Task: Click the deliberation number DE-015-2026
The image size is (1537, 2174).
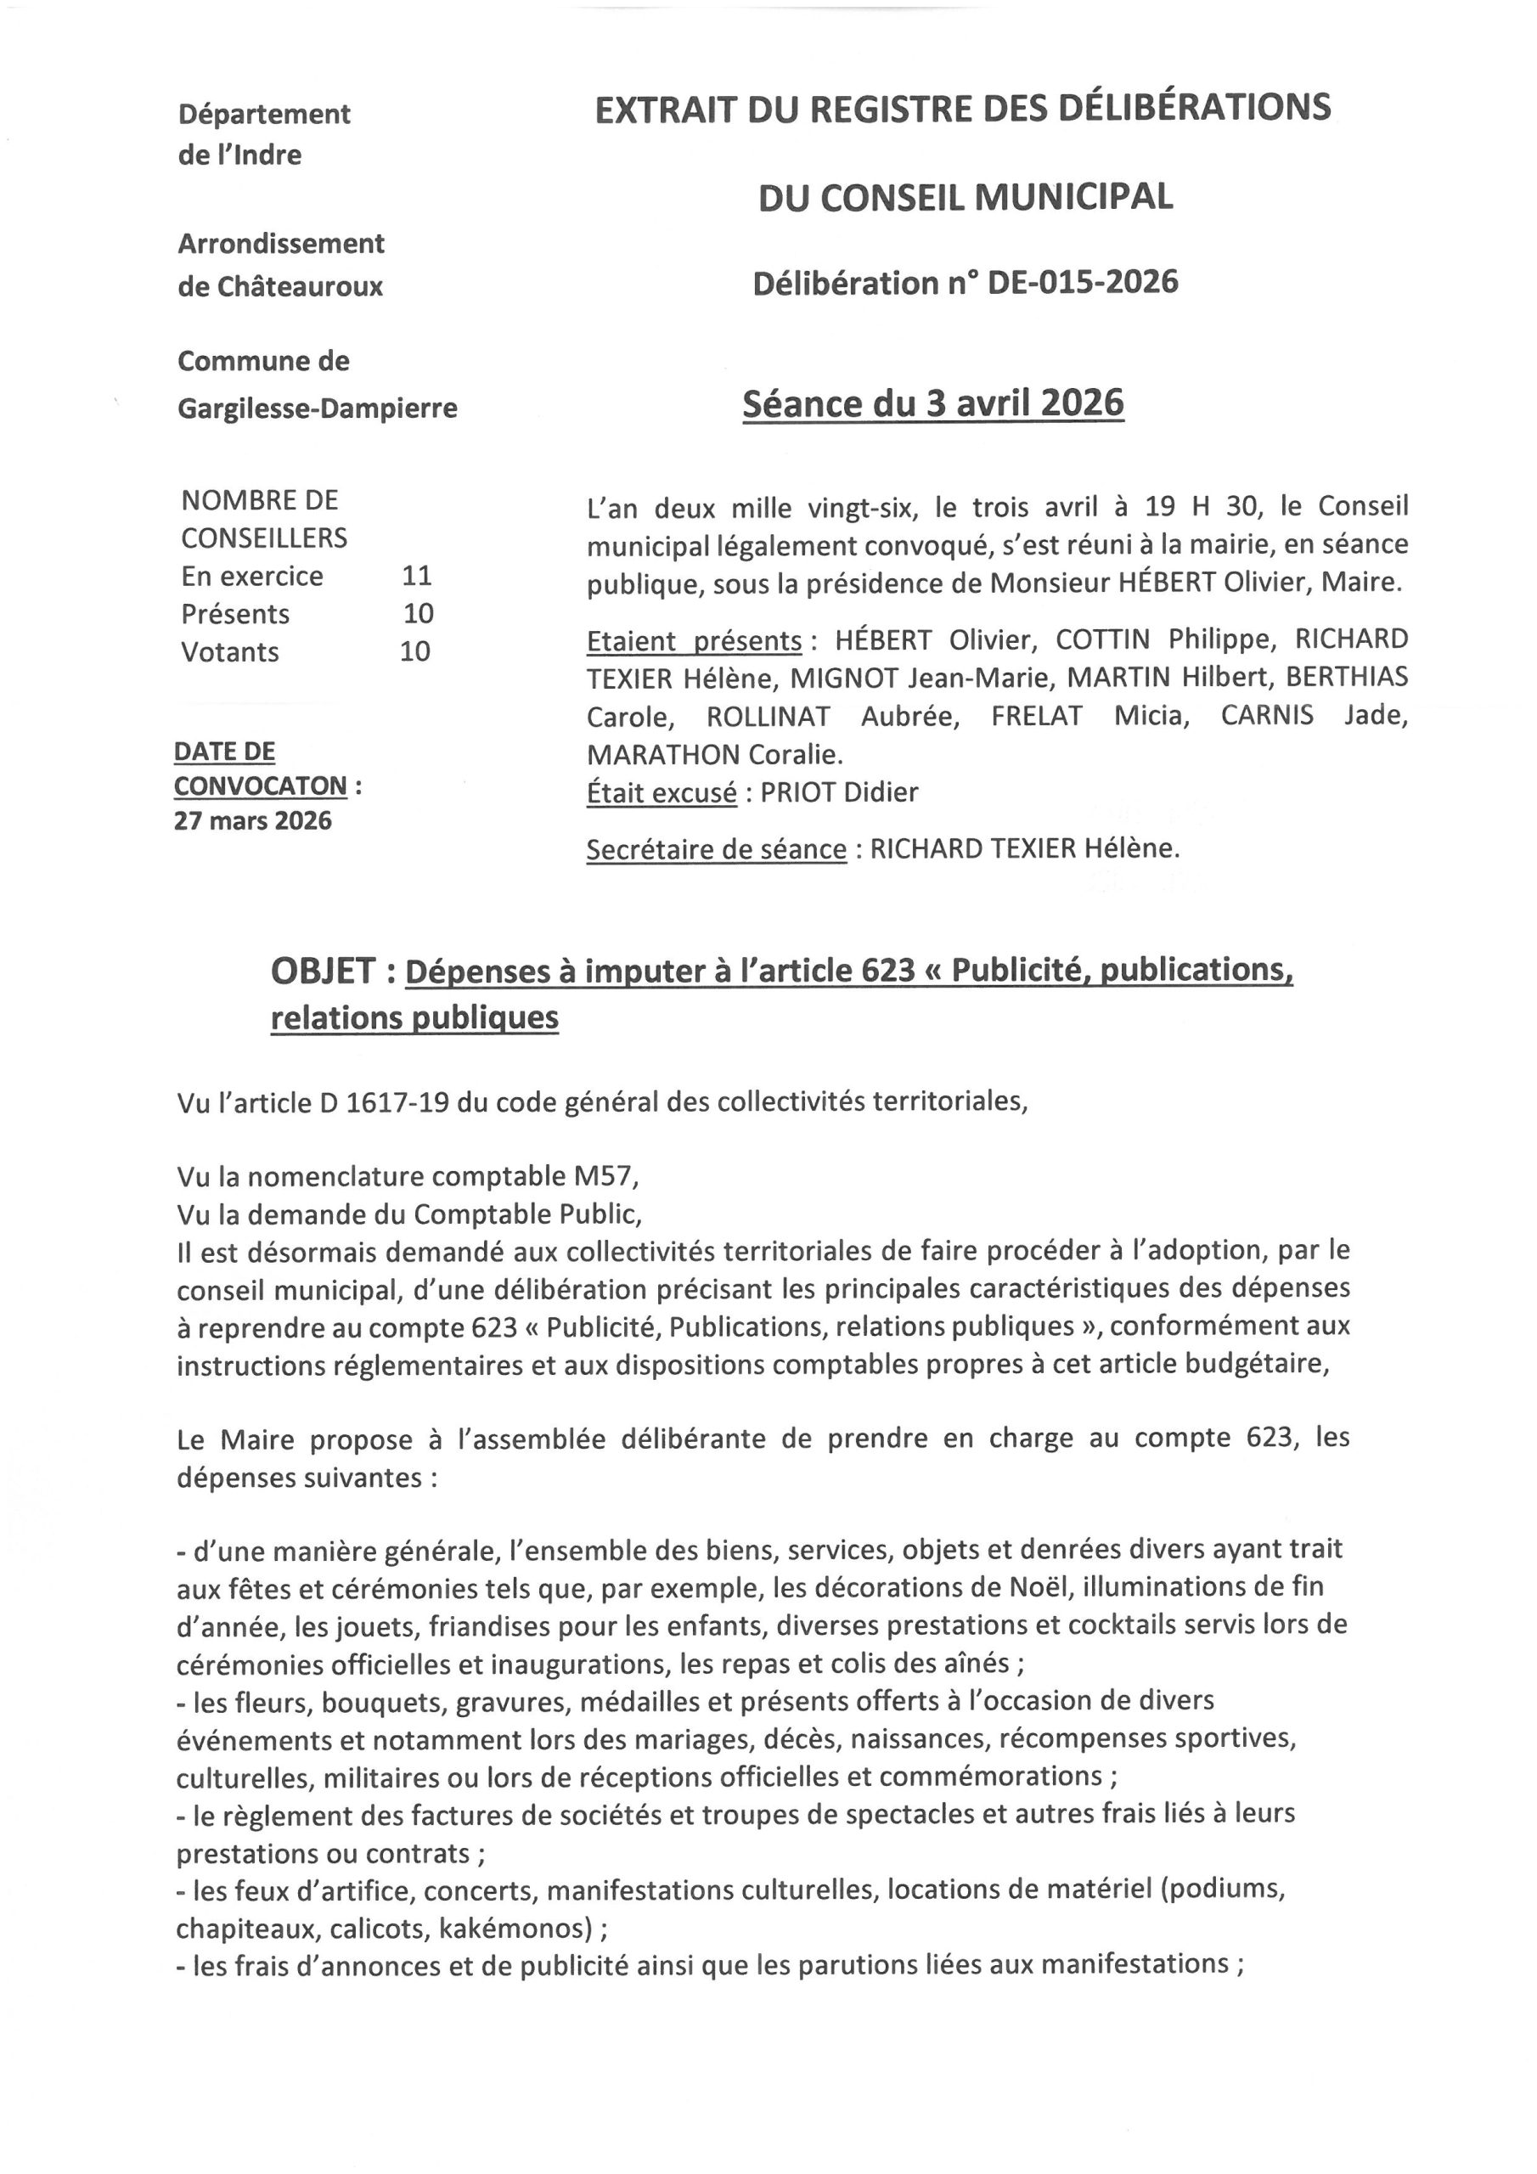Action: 1083,283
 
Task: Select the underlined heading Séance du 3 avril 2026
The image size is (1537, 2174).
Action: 932,404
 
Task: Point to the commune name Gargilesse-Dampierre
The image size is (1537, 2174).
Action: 318,408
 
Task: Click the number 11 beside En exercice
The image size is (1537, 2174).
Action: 417,576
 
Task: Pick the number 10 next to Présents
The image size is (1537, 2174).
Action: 418,614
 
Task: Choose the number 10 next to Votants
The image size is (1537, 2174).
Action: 414,651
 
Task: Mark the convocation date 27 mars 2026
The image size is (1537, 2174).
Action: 253,820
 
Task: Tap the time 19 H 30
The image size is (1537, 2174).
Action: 1203,507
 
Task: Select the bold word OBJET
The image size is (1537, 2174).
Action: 323,971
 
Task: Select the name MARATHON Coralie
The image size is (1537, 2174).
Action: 714,755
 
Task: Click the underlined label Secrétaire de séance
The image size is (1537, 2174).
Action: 716,849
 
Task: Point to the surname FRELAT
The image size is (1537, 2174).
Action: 1036,716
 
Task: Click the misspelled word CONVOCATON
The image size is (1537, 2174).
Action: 261,786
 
